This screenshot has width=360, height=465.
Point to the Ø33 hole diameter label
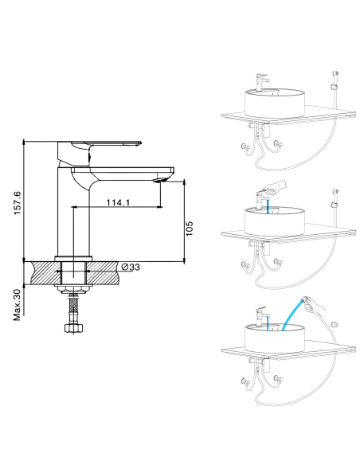[x=131, y=268]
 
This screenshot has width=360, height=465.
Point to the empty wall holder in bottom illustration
[x=335, y=324]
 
